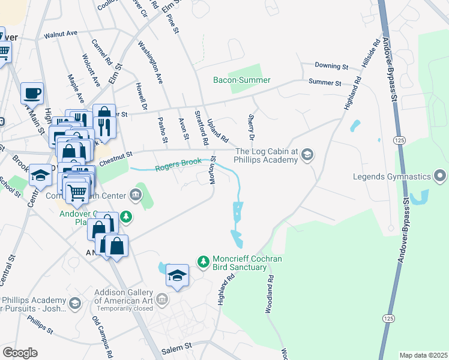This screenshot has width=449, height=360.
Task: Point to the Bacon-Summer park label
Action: click(242, 80)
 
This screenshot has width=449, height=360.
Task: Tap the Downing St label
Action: click(332, 66)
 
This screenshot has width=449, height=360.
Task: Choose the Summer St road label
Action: click(325, 83)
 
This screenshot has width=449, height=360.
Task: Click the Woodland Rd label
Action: click(270, 294)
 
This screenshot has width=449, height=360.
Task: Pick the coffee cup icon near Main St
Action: click(32, 93)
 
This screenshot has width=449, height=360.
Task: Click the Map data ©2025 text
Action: click(423, 355)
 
